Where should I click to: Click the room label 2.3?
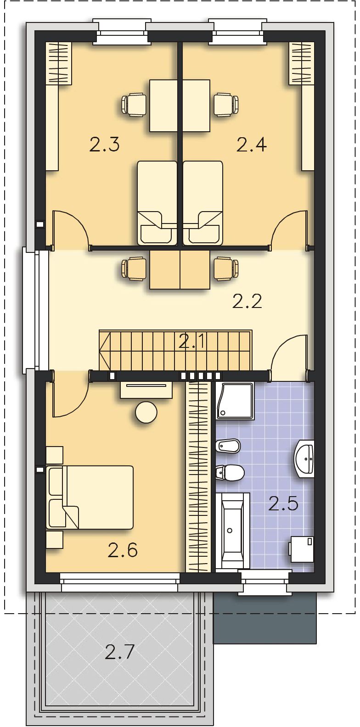coord(105,145)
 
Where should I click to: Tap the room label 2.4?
coord(252,145)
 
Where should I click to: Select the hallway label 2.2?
coord(247,302)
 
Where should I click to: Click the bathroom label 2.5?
coord(283,504)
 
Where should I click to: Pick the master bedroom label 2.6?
coord(123,550)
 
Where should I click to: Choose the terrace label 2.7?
coord(119,652)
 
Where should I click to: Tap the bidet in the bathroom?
coord(228,447)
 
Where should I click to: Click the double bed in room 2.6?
coord(90,498)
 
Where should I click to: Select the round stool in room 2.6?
coord(146,412)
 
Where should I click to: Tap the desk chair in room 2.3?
coord(134,104)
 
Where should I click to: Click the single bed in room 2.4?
coord(203,203)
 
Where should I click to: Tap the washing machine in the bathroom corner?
coord(302,549)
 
